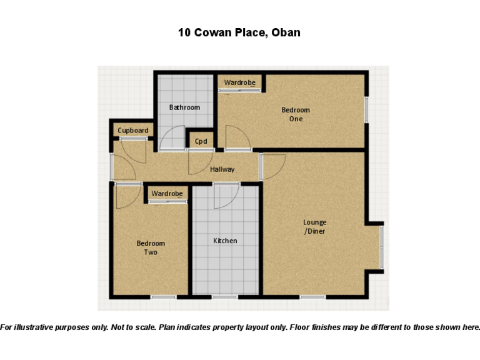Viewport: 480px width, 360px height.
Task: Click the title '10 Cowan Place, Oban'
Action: tap(239, 32)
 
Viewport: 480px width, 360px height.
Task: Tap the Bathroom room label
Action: tap(184, 107)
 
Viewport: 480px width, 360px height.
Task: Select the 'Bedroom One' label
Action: tap(296, 114)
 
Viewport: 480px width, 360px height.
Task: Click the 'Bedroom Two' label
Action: tap(151, 248)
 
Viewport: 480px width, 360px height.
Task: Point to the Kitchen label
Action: tap(225, 241)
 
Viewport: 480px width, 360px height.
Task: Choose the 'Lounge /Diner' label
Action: tap(314, 227)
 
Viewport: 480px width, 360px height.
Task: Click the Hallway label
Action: tap(222, 169)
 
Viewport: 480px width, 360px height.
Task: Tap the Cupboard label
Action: tap(133, 131)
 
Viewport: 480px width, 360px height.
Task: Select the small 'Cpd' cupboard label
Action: tap(201, 141)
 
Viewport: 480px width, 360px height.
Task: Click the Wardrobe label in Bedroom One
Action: tap(239, 82)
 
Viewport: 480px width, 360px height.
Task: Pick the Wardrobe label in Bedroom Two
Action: tap(167, 194)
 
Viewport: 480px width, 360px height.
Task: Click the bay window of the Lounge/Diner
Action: tap(381, 247)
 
